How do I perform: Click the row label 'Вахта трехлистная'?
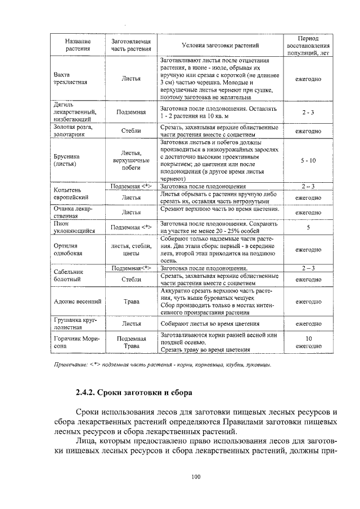coord(70,79)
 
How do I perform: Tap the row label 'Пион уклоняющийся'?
coord(70,227)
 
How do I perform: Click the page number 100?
coord(195,478)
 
